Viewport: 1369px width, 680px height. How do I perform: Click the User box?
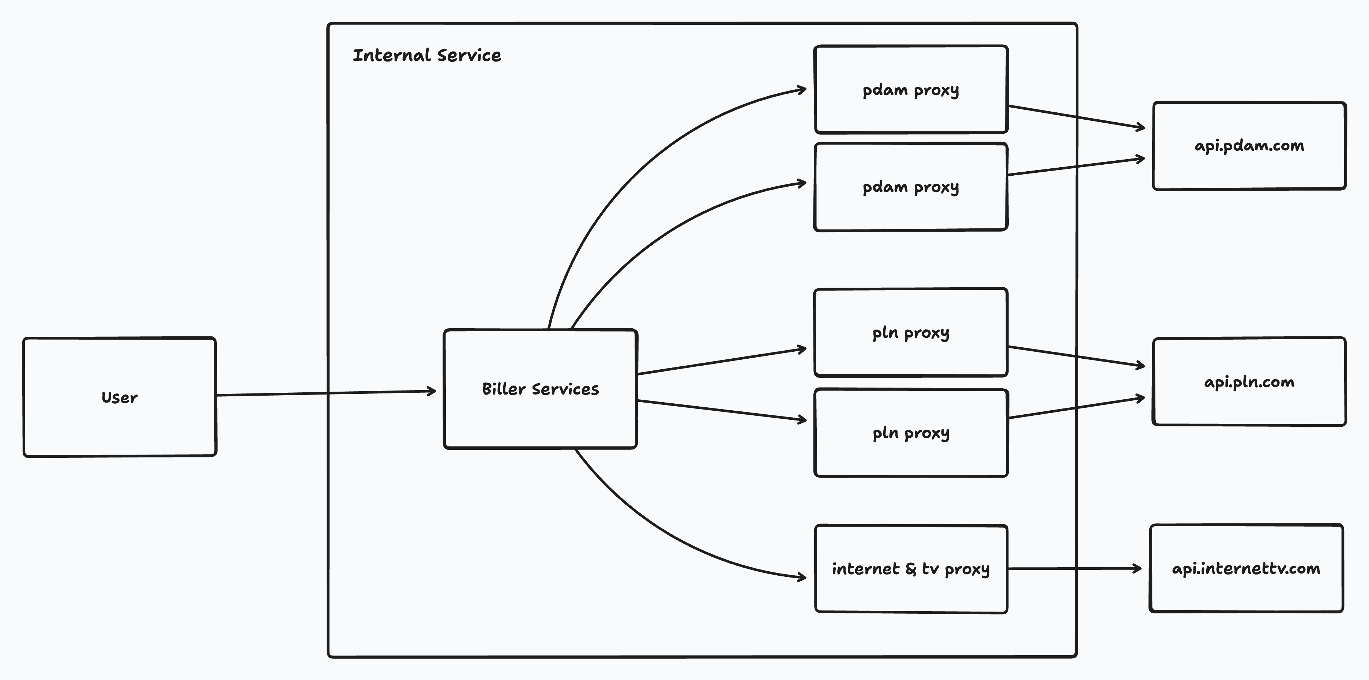click(x=120, y=397)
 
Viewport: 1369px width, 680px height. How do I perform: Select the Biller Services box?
click(x=540, y=389)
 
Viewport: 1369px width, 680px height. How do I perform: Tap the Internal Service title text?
click(x=427, y=55)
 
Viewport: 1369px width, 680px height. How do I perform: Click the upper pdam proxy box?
click(x=910, y=89)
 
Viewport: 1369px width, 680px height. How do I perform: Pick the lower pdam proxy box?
click(x=910, y=187)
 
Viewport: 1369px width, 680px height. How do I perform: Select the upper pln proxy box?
click(x=910, y=333)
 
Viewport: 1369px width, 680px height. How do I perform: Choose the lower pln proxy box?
click(x=910, y=433)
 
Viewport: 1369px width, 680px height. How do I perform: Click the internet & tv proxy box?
click(x=910, y=569)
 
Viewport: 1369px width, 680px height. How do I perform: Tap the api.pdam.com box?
click(x=1249, y=146)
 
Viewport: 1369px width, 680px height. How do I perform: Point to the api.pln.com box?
click(x=1249, y=382)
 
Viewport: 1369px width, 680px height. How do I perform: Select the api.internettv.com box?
click(x=1246, y=568)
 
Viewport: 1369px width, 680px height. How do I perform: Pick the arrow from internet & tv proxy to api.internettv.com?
click(x=1073, y=568)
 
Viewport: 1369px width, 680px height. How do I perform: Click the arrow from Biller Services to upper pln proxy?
click(x=720, y=362)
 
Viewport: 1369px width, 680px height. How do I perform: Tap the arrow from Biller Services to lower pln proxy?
click(x=720, y=410)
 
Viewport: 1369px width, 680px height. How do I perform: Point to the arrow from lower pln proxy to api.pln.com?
click(x=1076, y=408)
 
